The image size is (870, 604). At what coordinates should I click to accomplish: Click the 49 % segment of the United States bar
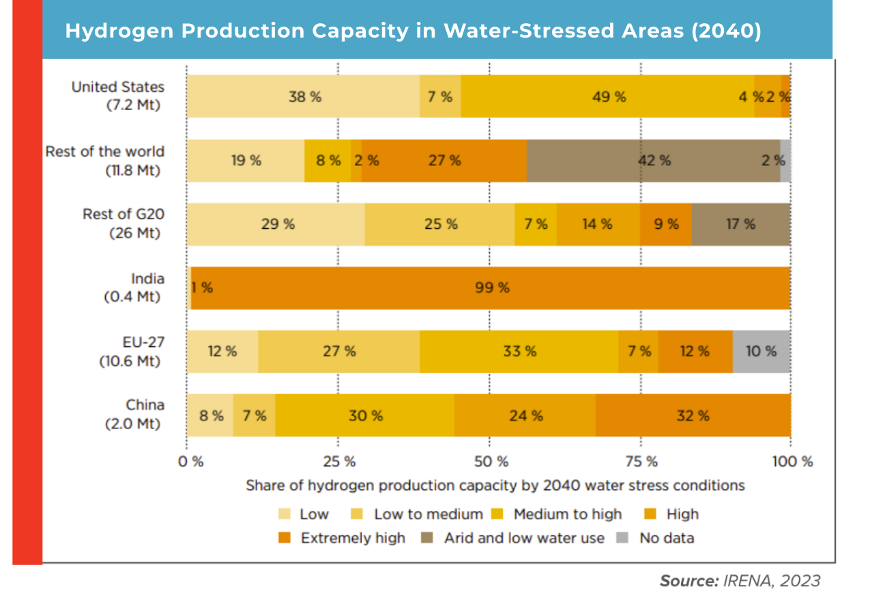[607, 96]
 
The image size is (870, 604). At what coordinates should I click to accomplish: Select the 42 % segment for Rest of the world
[653, 161]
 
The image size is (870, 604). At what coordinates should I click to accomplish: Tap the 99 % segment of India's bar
[491, 288]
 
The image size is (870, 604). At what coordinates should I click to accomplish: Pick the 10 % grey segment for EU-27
[761, 351]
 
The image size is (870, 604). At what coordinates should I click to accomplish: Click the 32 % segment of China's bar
[693, 415]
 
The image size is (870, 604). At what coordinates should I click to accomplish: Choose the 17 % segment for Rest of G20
[740, 224]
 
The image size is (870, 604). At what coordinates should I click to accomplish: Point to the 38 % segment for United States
[304, 96]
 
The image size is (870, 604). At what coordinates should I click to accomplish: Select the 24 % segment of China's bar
[525, 415]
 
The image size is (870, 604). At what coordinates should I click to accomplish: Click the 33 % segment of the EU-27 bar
[519, 351]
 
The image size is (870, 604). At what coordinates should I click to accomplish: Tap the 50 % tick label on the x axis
[491, 461]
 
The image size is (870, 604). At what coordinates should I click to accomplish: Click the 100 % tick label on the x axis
[792, 461]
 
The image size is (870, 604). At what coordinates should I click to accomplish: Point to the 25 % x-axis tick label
[339, 461]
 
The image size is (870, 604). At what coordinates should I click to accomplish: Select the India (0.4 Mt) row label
[134, 288]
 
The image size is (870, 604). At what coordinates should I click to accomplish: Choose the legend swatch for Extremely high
[285, 538]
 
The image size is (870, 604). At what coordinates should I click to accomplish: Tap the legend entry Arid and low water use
[523, 538]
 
